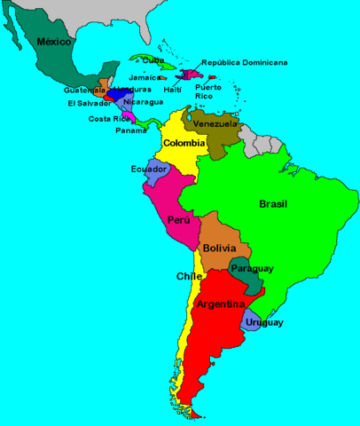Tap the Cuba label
tap(153, 60)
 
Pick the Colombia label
tap(184, 143)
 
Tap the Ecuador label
tap(148, 169)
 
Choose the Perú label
tap(179, 220)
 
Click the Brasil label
tap(273, 204)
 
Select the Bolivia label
tap(218, 248)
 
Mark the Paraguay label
tap(252, 268)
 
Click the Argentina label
tap(221, 304)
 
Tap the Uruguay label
tap(266, 322)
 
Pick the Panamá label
tap(132, 130)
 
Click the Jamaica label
tap(145, 77)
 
